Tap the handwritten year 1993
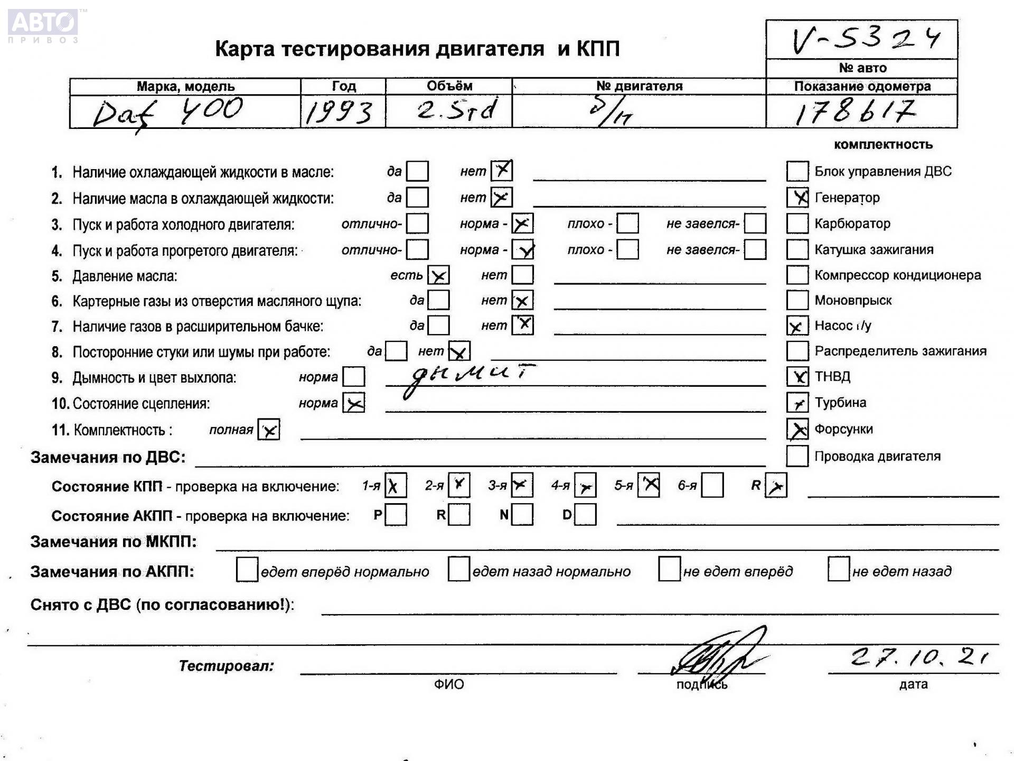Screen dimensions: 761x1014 tap(339, 112)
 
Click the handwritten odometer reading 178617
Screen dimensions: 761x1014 tap(856, 112)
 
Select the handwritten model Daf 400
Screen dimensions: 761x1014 tap(168, 112)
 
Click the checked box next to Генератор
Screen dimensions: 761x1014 tap(797, 198)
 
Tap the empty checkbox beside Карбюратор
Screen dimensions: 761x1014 tap(797, 224)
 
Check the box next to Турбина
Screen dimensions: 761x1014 tap(797, 403)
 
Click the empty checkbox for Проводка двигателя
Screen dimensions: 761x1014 tap(797, 456)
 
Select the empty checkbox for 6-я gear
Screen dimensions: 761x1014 tap(712, 486)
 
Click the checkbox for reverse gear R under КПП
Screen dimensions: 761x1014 tap(776, 486)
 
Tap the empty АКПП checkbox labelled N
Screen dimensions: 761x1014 tap(522, 515)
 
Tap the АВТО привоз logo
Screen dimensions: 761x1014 tap(43, 25)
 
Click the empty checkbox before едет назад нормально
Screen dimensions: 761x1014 tap(458, 570)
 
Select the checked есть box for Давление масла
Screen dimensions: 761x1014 tap(438, 275)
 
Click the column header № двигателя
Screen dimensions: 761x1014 tap(639, 86)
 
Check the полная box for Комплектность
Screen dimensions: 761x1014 tap(269, 430)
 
